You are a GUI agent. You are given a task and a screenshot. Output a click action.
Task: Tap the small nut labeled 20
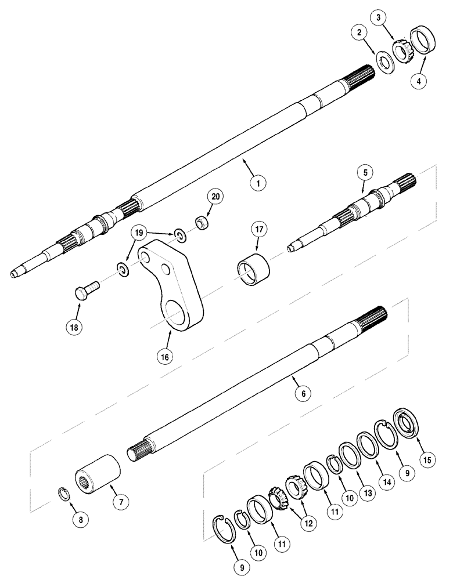201,223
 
